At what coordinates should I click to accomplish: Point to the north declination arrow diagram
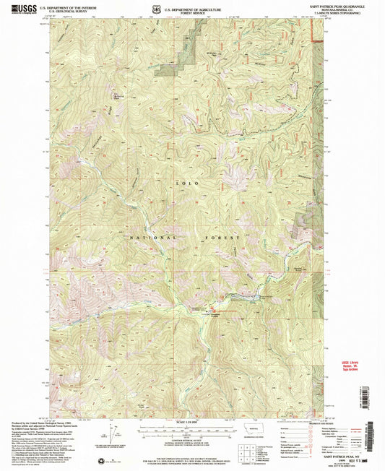pyautogui.click(x=114, y=433)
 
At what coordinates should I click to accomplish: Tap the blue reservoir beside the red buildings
pyautogui.click(x=244, y=295)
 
